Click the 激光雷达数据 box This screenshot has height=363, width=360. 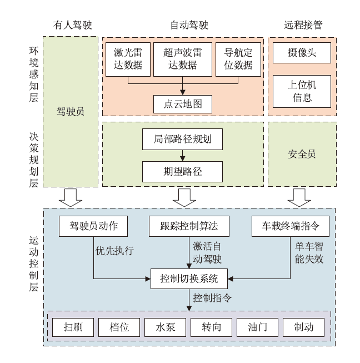coord(128,59)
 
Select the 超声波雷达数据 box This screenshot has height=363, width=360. coord(182,59)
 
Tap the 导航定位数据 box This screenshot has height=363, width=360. coord(238,59)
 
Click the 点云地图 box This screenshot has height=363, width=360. coord(182,103)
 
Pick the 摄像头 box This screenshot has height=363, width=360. coord(302,53)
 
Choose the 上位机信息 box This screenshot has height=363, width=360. coord(302,91)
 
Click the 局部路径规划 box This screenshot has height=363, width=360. coord(182,139)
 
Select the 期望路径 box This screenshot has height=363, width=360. coord(182,172)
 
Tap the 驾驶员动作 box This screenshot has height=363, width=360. coord(93,226)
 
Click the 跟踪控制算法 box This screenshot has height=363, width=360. coord(182,226)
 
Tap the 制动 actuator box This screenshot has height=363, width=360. coord(304,327)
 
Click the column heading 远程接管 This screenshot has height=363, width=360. coord(303,25)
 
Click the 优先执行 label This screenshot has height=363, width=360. coord(114,251)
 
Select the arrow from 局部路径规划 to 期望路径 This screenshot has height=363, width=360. coord(182,156)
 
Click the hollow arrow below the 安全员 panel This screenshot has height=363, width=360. coord(299,196)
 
